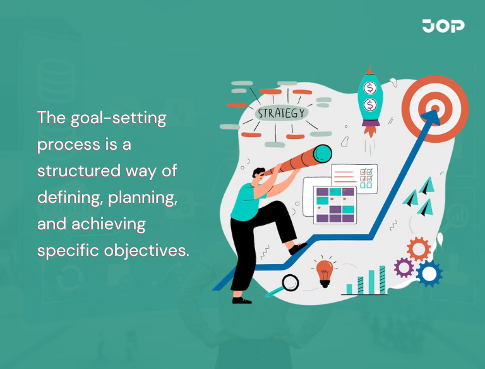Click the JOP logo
(x=443, y=26)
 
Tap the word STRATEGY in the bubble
(x=282, y=114)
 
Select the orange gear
(x=419, y=249)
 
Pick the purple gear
(x=404, y=268)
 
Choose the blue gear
(x=429, y=273)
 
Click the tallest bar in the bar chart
(x=382, y=279)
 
